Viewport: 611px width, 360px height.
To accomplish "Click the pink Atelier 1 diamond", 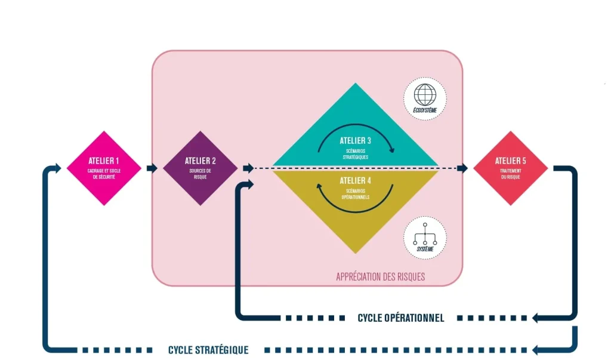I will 104,168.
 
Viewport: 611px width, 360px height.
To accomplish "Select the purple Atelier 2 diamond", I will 200,168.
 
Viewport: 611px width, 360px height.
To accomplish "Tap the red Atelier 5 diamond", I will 510,168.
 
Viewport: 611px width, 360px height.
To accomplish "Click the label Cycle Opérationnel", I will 401,318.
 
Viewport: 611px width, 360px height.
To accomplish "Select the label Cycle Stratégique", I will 208,350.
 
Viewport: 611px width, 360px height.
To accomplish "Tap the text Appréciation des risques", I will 380,277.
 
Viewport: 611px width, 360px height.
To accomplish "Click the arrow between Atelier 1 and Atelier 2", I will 152,168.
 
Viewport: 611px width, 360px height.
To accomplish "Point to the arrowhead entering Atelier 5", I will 463,168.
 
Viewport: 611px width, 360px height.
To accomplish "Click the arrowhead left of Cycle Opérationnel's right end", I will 536,318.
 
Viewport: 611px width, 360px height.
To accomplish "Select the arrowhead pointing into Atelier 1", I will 57,168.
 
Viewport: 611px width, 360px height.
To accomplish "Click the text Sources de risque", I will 200,174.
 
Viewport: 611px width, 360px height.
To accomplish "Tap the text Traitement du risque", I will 511,174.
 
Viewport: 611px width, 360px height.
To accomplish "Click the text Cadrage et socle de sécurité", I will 104,174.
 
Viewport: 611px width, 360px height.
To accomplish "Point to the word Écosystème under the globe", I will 425,110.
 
